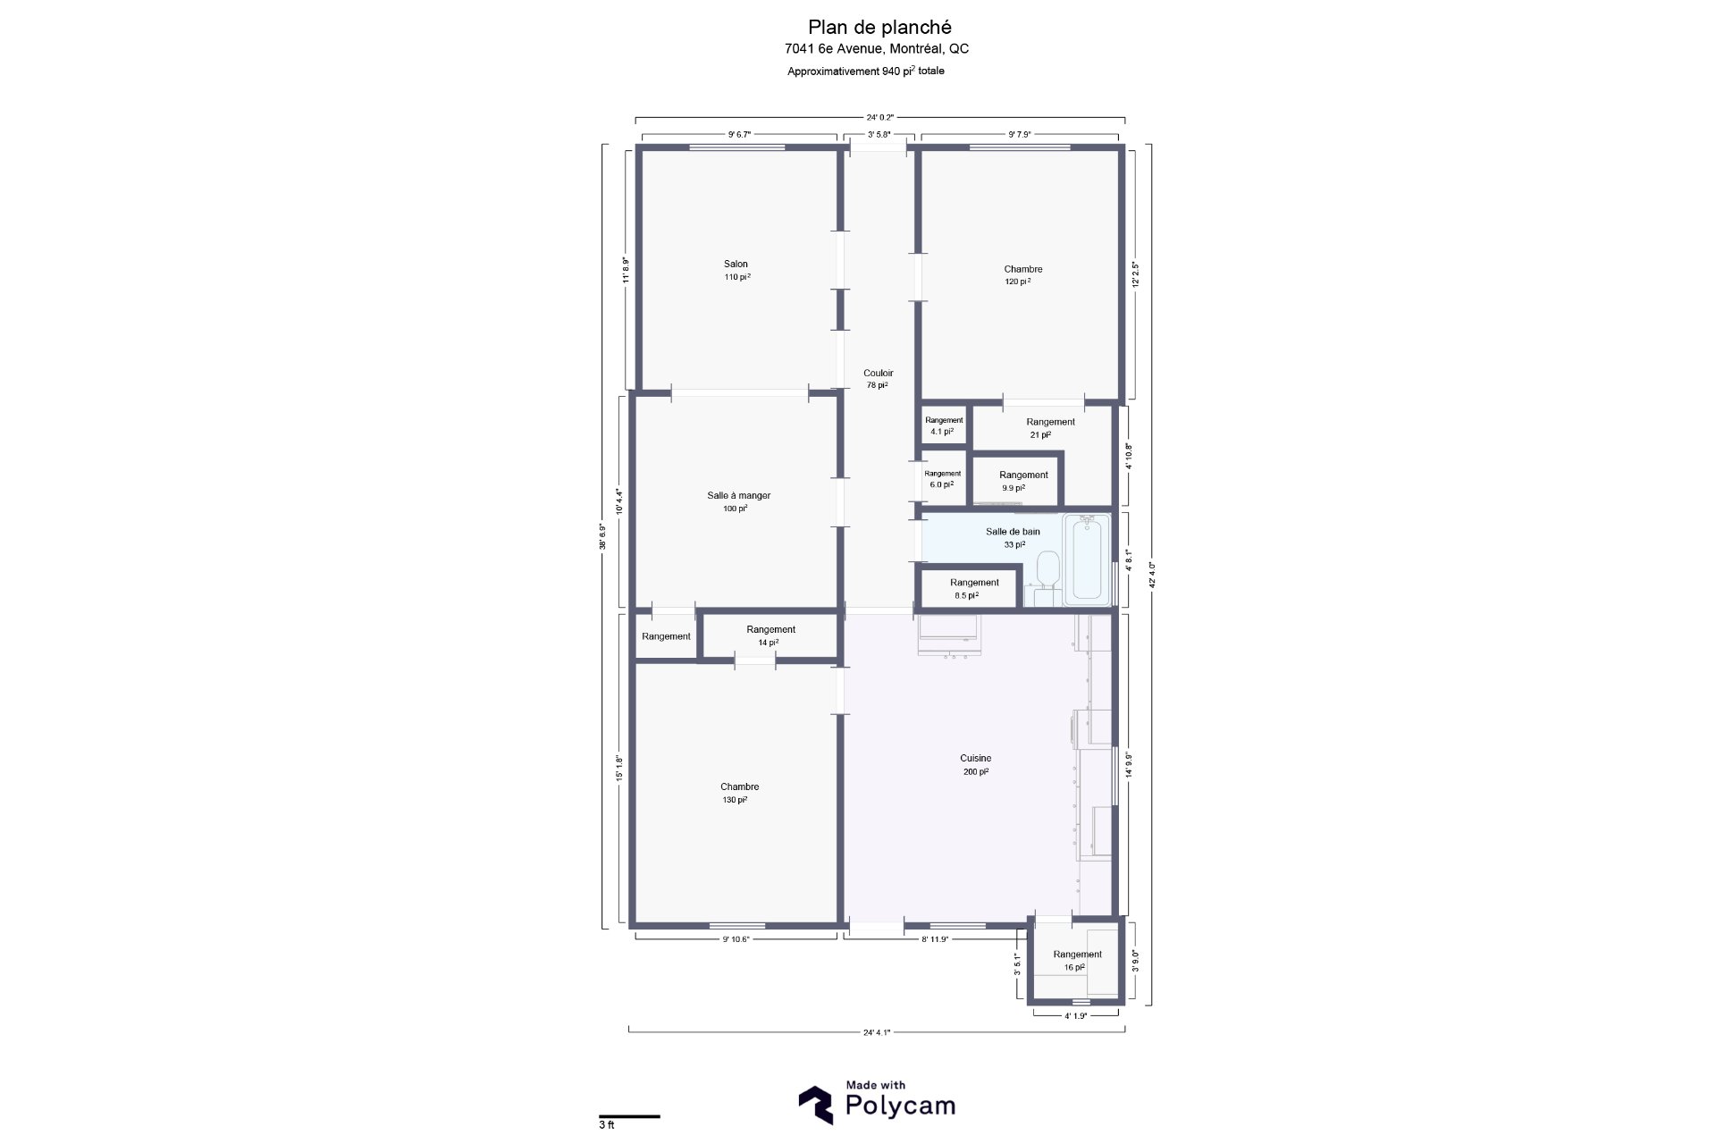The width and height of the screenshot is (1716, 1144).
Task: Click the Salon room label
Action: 736,270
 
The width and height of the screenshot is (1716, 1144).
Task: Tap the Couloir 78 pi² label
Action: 878,379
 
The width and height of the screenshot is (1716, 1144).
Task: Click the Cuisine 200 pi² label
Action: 976,764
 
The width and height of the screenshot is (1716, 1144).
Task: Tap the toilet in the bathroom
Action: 1047,568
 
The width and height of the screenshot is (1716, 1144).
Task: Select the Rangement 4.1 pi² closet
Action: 944,425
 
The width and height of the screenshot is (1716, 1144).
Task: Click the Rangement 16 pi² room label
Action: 1077,961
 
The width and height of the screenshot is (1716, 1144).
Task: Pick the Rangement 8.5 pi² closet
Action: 973,588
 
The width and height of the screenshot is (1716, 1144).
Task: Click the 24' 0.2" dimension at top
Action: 879,117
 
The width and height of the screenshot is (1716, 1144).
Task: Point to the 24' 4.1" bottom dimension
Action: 876,1032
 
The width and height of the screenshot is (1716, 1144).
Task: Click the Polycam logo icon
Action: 815,1105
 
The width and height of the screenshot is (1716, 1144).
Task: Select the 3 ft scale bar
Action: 629,1116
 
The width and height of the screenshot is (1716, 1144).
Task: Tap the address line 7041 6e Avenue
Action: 876,49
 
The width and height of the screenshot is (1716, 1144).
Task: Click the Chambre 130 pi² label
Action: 739,793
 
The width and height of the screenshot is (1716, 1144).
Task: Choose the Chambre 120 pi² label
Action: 1022,274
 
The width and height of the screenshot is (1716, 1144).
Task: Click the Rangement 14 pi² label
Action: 770,635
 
